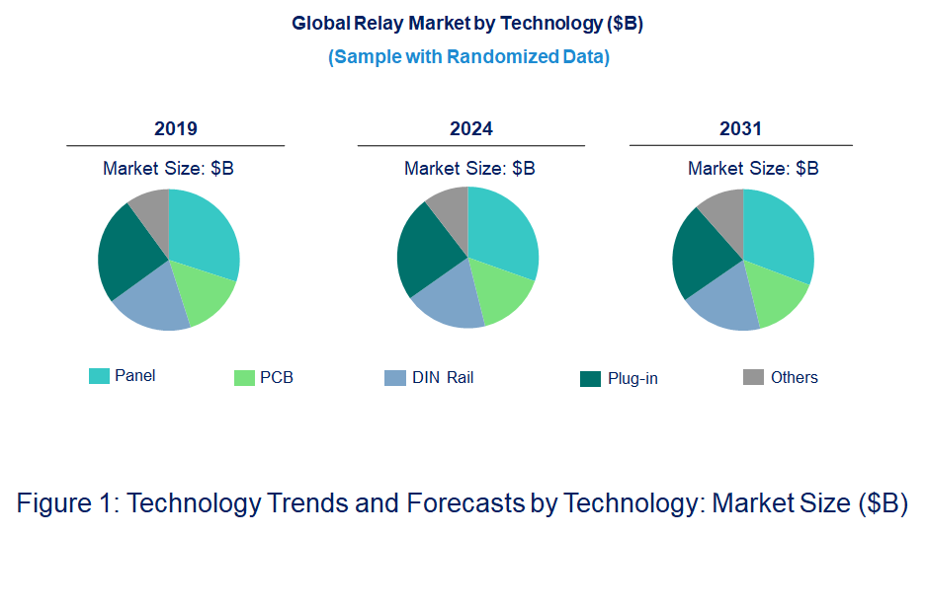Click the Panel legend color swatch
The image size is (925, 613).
pyautogui.click(x=99, y=376)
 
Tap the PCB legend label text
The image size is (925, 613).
pyautogui.click(x=277, y=378)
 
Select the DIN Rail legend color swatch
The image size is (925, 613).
pyautogui.click(x=394, y=378)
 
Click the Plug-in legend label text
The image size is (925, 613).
pyautogui.click(x=632, y=379)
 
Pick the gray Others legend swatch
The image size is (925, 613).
pyautogui.click(x=753, y=377)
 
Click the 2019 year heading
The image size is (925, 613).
pyautogui.click(x=176, y=129)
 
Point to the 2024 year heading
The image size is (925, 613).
pyautogui.click(x=471, y=129)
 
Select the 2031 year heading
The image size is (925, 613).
pyautogui.click(x=740, y=129)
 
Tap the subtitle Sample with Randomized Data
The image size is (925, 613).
pyautogui.click(x=468, y=56)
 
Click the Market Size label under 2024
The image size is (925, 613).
pyautogui.click(x=469, y=169)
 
